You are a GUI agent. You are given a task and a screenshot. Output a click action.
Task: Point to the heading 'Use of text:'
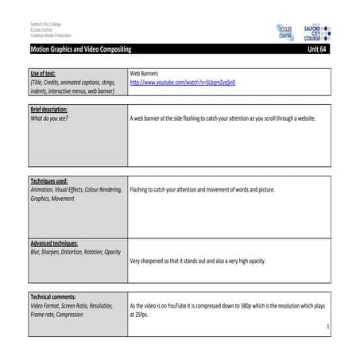(x=47, y=72)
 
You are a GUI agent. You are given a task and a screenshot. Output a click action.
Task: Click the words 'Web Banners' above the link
(x=145, y=72)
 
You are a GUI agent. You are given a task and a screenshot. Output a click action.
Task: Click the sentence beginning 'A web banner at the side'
(x=223, y=118)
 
